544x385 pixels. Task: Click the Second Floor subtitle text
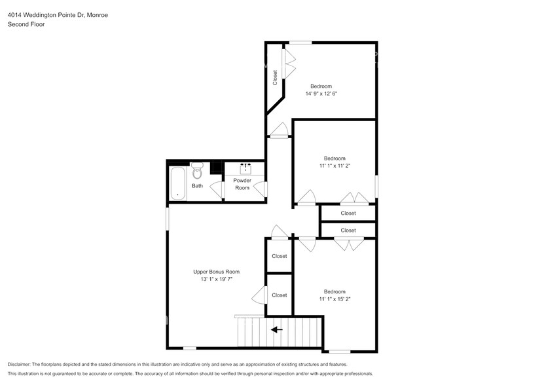[x=26, y=25]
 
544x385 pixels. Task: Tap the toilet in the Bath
[x=197, y=173]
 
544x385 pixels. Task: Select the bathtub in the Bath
[x=177, y=184]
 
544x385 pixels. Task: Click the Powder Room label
[x=242, y=184]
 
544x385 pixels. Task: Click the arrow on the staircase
[x=278, y=330]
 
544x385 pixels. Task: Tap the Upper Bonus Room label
[x=216, y=272]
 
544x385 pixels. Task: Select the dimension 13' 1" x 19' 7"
[x=216, y=280]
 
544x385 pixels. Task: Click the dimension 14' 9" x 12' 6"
[x=321, y=94]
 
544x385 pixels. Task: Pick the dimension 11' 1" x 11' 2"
[x=334, y=166]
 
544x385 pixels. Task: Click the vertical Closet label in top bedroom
[x=276, y=77]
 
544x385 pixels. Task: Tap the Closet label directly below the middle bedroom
[x=348, y=213]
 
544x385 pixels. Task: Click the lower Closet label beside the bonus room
[x=279, y=295]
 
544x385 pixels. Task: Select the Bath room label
[x=197, y=186]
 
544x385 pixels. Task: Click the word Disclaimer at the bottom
[x=22, y=364]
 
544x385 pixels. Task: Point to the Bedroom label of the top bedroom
[x=321, y=86]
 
